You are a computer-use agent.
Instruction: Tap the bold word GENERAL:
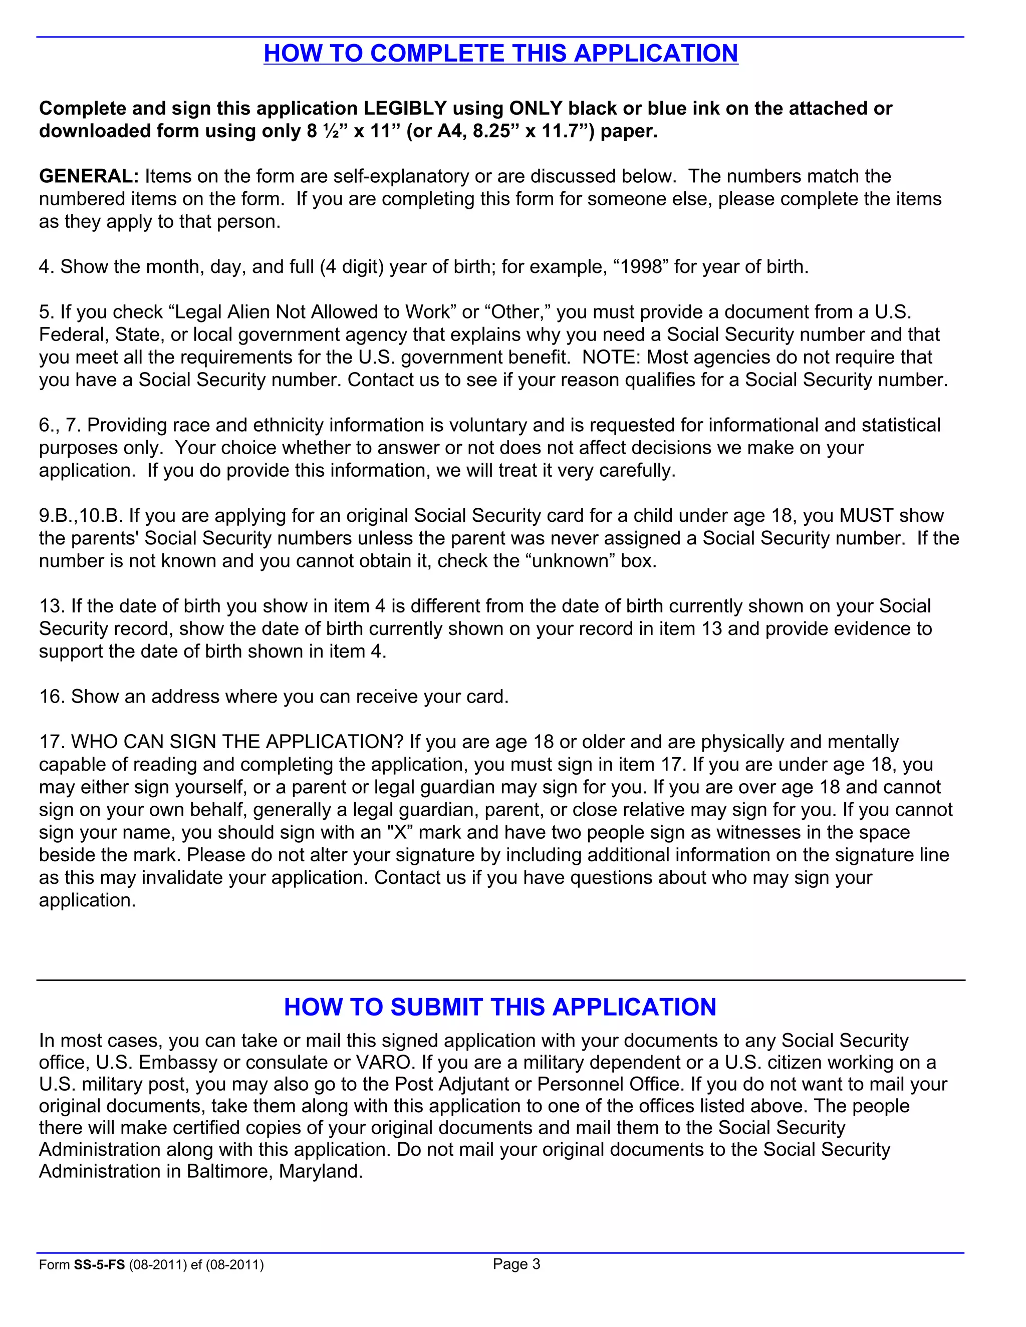click(89, 176)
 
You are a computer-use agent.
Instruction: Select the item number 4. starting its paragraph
click(47, 267)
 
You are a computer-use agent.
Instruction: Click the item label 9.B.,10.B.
click(81, 515)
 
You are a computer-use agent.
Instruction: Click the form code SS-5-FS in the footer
click(99, 1265)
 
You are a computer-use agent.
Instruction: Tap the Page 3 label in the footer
click(516, 1264)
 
